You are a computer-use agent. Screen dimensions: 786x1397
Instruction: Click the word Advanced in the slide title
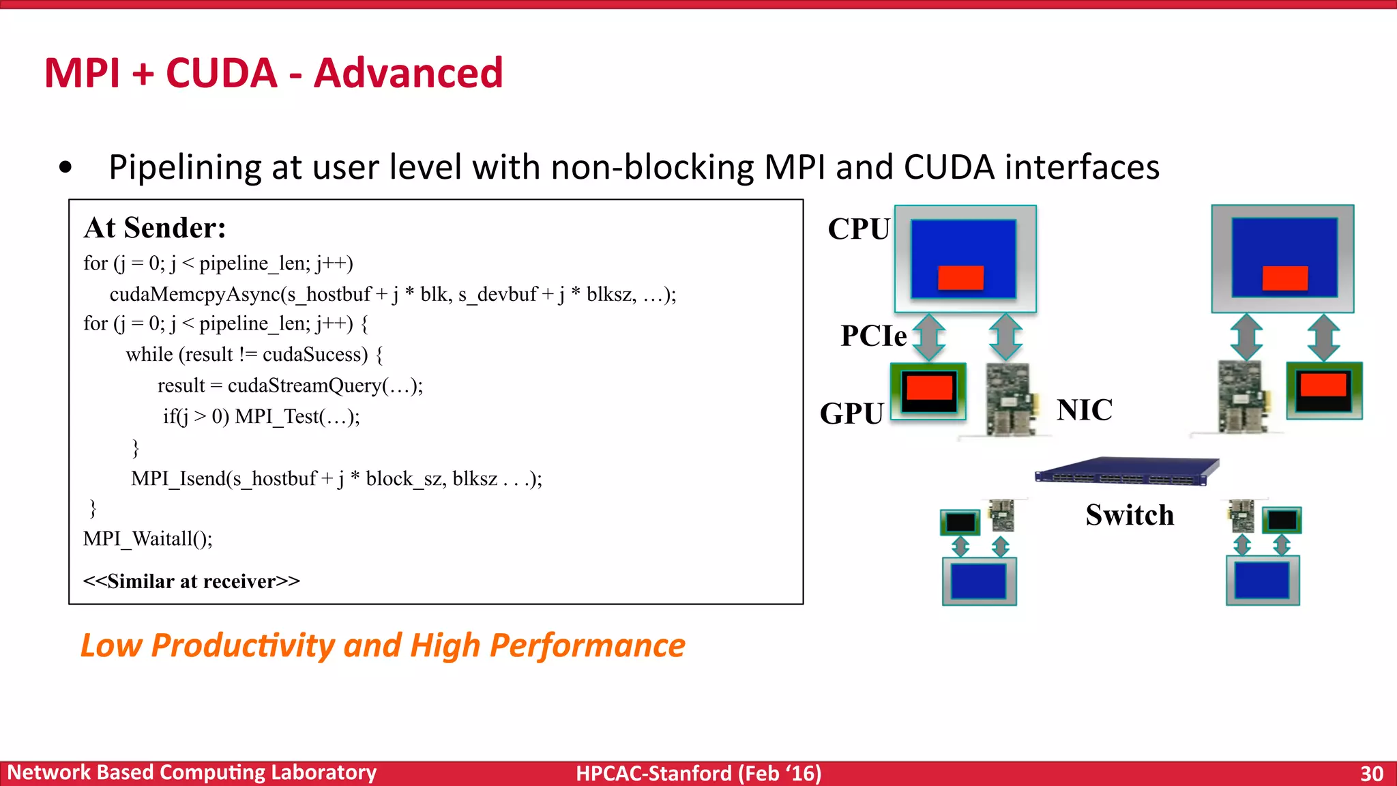pyautogui.click(x=408, y=73)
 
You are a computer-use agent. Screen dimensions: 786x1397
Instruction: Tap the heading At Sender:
pyautogui.click(x=155, y=228)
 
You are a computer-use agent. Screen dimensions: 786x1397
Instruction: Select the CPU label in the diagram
pyautogui.click(x=858, y=229)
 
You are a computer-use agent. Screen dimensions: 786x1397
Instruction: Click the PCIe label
pyautogui.click(x=873, y=336)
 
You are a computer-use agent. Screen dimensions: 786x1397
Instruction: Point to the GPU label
pyautogui.click(x=851, y=413)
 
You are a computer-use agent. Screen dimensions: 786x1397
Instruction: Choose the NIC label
pyautogui.click(x=1085, y=410)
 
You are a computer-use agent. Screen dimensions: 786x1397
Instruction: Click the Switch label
pyautogui.click(x=1130, y=515)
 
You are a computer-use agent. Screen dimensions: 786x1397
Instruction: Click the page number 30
pyautogui.click(x=1371, y=774)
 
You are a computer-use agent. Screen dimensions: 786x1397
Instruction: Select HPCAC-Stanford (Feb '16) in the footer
pyautogui.click(x=698, y=774)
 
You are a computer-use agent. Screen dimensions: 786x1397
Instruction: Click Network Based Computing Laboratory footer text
pyautogui.click(x=192, y=772)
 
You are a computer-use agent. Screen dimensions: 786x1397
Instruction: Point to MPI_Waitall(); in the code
pyautogui.click(x=148, y=539)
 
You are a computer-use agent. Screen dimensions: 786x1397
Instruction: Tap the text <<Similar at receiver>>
pyautogui.click(x=192, y=581)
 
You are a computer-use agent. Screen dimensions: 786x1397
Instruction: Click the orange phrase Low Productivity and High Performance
pyautogui.click(x=383, y=645)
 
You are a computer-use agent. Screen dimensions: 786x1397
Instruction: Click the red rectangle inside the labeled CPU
pyautogui.click(x=960, y=278)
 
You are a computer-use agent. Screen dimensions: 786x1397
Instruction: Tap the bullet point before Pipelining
pyautogui.click(x=65, y=167)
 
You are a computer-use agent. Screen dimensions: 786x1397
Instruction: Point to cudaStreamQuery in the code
pyautogui.click(x=304, y=385)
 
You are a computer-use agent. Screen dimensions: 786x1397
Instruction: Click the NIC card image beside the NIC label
pyautogui.click(x=1012, y=399)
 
